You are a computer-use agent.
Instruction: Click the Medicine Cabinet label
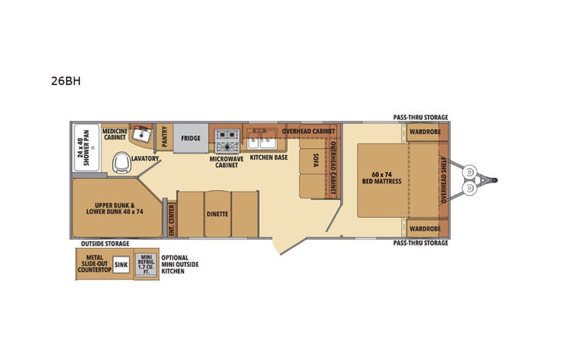[114, 135]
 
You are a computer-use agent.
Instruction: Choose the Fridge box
[191, 139]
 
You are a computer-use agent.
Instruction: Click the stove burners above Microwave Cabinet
[227, 140]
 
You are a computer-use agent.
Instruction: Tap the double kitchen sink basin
[262, 140]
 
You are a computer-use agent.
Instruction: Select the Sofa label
[315, 160]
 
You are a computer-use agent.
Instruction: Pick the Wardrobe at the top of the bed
[424, 131]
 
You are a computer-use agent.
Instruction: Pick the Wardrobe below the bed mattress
[424, 229]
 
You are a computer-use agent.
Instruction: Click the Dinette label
[217, 213]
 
